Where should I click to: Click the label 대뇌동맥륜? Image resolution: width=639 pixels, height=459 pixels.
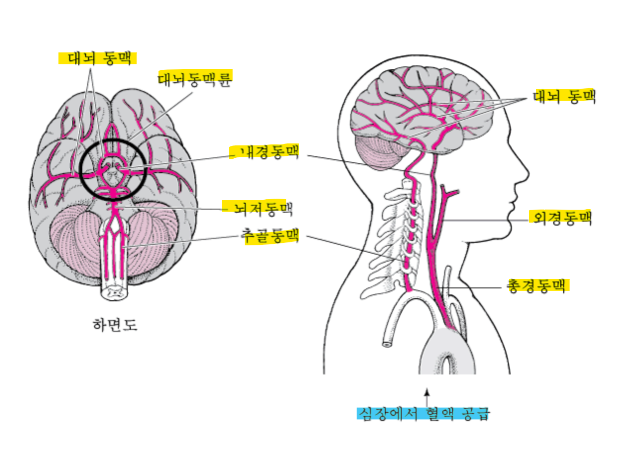click(x=195, y=79)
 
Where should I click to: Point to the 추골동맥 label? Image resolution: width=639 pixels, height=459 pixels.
click(x=269, y=235)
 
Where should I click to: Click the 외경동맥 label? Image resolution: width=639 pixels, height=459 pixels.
click(x=560, y=217)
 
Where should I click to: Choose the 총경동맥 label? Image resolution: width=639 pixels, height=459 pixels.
click(x=537, y=285)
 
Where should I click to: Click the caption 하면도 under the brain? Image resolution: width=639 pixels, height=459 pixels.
click(x=115, y=325)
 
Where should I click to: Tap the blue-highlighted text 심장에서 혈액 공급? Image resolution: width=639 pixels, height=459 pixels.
click(x=424, y=413)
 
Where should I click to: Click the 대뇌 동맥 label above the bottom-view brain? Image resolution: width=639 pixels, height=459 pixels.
click(x=97, y=58)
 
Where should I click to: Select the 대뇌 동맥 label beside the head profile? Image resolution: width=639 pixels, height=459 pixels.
click(x=564, y=96)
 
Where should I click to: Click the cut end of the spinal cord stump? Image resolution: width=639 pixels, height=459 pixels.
click(x=115, y=293)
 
